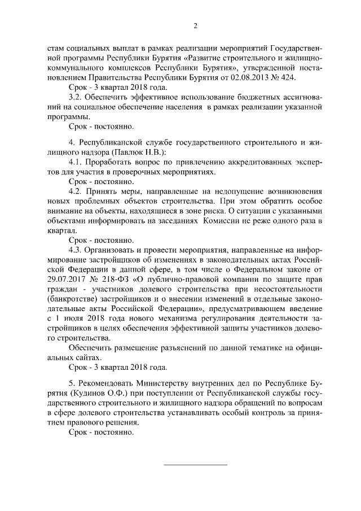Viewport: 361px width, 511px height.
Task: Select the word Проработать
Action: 110,162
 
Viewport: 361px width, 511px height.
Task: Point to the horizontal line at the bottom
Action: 195,465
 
